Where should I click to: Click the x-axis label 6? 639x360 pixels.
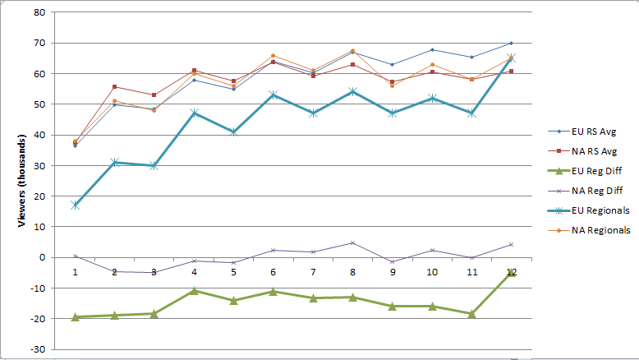coord(273,271)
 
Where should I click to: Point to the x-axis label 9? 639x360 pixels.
coord(392,271)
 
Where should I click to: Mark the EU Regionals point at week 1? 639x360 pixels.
coord(75,205)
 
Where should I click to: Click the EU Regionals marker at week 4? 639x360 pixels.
coord(194,113)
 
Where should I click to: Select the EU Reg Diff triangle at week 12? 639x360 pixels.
coord(511,272)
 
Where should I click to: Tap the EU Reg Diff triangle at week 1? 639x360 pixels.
coord(75,316)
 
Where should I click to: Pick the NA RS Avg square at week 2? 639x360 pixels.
coord(114,86)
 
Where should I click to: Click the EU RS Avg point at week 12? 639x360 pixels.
coord(511,43)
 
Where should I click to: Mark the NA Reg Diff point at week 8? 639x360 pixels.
coord(352,242)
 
